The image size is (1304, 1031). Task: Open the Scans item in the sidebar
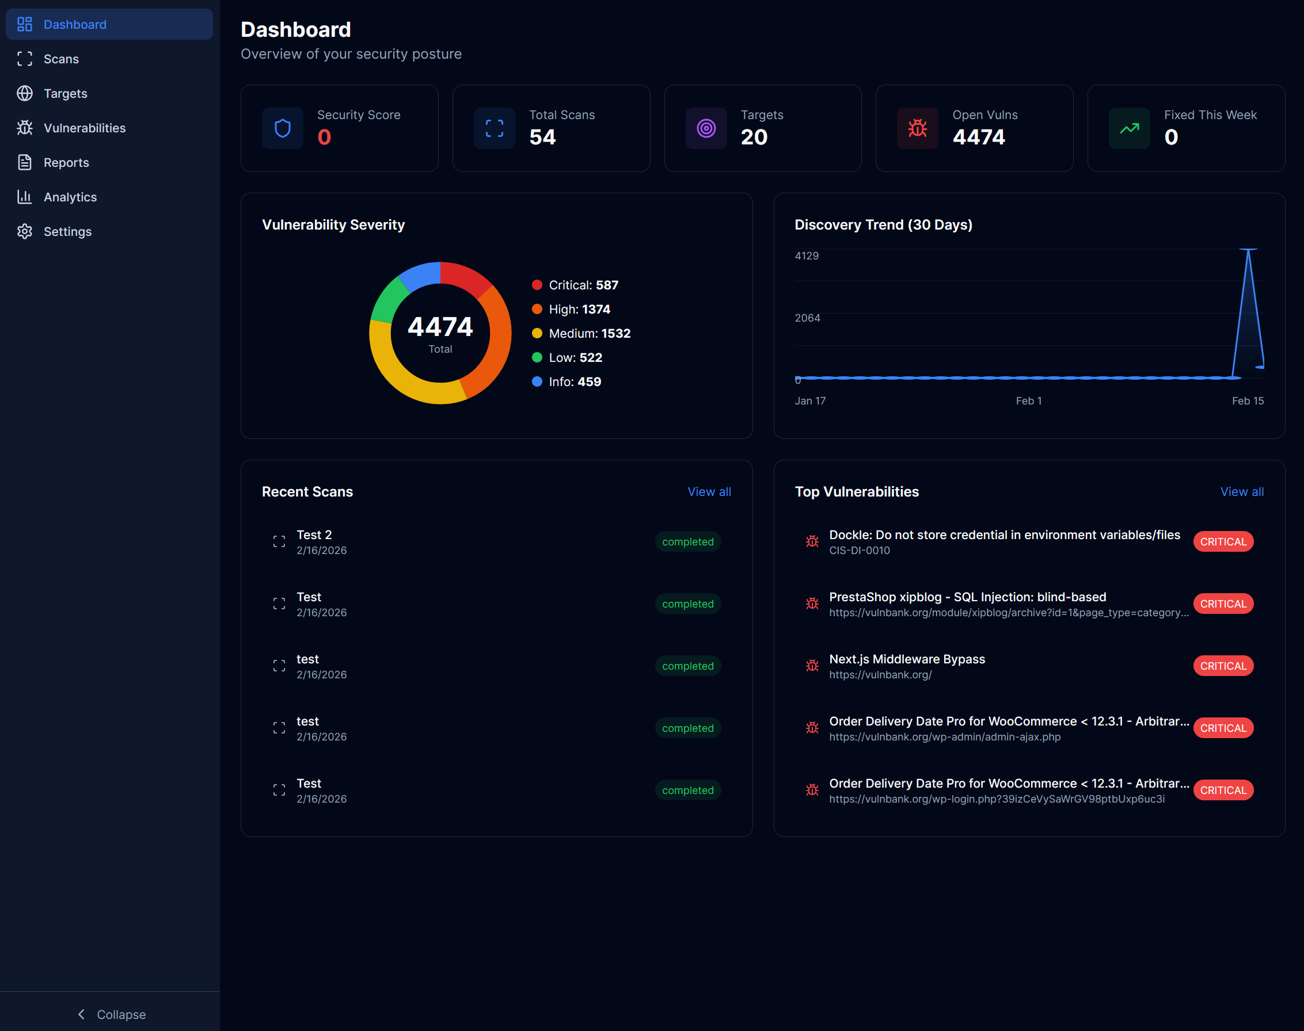(x=61, y=59)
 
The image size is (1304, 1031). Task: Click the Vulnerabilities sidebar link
(x=85, y=128)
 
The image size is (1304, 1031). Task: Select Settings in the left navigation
(x=67, y=232)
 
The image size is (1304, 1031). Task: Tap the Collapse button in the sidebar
(x=112, y=1014)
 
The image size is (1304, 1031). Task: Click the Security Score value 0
(x=324, y=138)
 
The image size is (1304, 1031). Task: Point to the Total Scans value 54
(x=542, y=138)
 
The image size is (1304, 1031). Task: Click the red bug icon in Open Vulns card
(x=917, y=128)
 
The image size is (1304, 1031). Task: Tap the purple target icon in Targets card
(x=705, y=128)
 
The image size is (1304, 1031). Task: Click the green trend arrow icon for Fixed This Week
(x=1129, y=128)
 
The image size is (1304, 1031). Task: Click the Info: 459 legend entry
(x=574, y=381)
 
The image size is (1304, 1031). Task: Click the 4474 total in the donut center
(x=440, y=327)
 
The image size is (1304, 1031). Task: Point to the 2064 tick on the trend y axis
(x=807, y=318)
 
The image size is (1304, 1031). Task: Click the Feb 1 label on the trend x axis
(x=1028, y=401)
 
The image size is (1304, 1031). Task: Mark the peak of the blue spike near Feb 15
(x=1248, y=250)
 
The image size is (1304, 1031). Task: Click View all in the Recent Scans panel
(x=709, y=492)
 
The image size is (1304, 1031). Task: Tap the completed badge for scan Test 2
(x=687, y=542)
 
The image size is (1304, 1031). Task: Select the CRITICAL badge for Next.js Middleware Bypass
(x=1222, y=666)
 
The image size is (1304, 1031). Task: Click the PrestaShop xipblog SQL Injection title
(x=967, y=597)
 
